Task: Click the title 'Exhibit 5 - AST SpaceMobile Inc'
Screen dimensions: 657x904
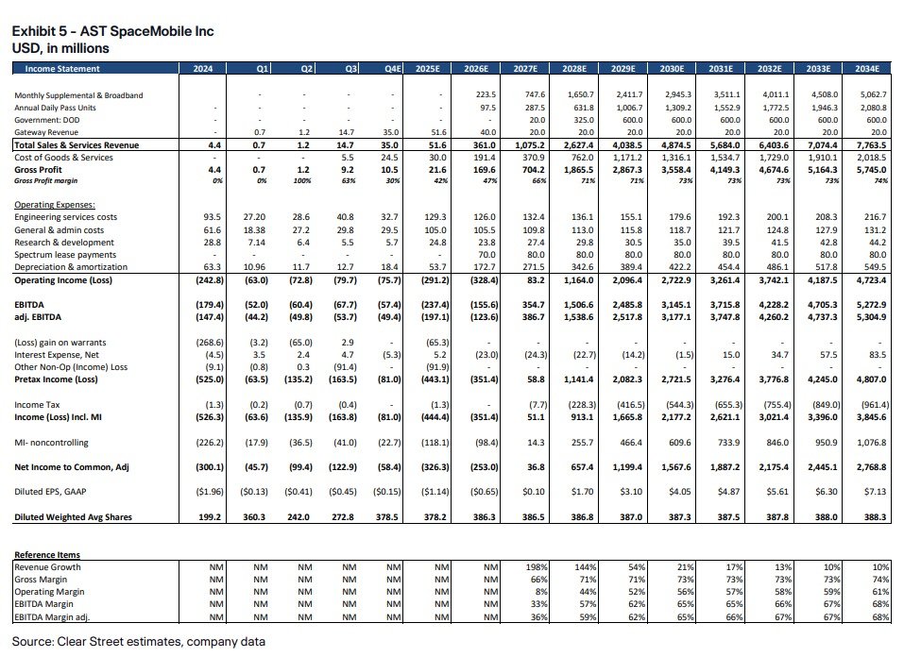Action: click(x=112, y=31)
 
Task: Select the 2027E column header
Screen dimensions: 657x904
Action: click(x=524, y=68)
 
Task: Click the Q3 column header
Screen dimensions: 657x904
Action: click(x=351, y=68)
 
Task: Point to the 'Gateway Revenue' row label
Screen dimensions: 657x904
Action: click(x=46, y=132)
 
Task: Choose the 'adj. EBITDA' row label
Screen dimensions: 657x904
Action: click(x=39, y=318)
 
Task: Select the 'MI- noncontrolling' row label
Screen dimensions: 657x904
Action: click(x=53, y=442)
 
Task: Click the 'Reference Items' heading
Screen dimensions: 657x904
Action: click(x=47, y=555)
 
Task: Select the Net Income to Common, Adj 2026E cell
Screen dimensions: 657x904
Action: click(x=480, y=467)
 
